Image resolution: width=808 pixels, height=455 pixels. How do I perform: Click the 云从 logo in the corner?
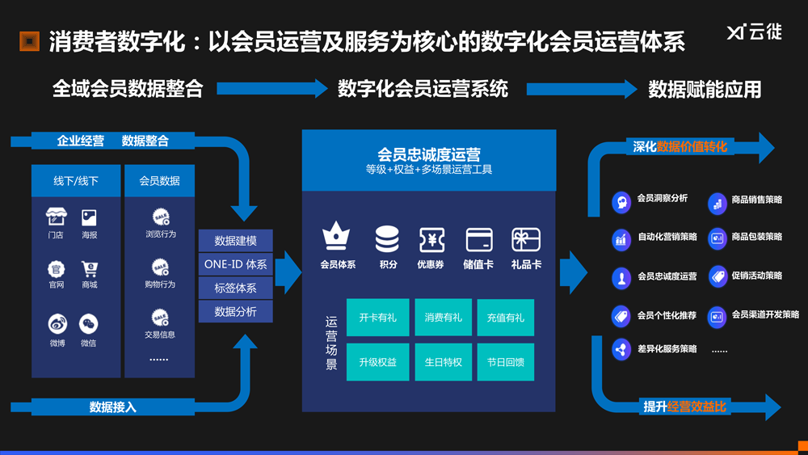point(753,33)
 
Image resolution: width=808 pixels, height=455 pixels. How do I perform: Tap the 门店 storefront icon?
point(56,217)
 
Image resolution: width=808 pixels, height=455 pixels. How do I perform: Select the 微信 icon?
point(89,325)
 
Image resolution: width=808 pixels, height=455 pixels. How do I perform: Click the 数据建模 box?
point(235,241)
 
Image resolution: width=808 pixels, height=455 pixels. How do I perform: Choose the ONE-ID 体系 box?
point(235,264)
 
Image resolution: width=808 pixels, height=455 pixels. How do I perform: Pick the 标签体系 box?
point(235,288)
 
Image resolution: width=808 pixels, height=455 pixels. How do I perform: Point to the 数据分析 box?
point(235,311)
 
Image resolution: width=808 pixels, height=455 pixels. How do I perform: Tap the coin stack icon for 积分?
point(387,239)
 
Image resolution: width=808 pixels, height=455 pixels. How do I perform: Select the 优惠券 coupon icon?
point(431,239)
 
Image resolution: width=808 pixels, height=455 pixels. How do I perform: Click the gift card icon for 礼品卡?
point(526,239)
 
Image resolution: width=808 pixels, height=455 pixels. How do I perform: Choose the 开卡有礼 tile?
point(378,318)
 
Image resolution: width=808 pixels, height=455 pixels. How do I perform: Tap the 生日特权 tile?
point(443,362)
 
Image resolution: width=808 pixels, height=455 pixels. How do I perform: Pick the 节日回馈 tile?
point(505,362)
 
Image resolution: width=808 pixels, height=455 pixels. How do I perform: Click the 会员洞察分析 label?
point(662,198)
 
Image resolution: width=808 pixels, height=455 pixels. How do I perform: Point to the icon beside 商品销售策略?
point(717,203)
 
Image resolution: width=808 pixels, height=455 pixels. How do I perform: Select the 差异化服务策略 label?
point(667,349)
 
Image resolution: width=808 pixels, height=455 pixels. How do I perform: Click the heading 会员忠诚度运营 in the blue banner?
point(429,154)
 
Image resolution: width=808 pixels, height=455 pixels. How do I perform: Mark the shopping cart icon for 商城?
point(89,268)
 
